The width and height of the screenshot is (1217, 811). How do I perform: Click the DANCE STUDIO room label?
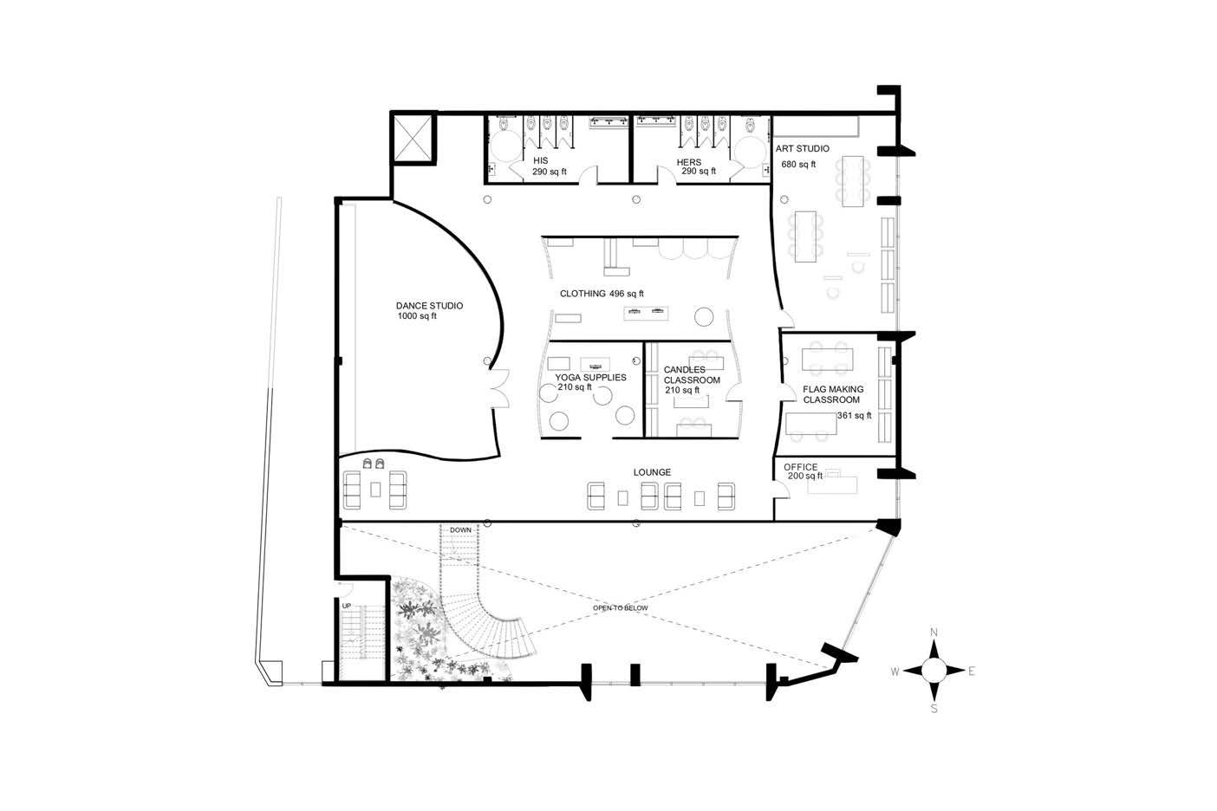pyautogui.click(x=429, y=306)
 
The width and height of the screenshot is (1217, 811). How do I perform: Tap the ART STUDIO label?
pyautogui.click(x=802, y=148)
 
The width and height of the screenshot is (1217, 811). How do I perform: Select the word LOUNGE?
pyautogui.click(x=652, y=472)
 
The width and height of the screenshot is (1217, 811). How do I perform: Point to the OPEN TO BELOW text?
pyautogui.click(x=620, y=608)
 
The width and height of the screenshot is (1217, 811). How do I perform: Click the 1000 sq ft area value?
pyautogui.click(x=417, y=316)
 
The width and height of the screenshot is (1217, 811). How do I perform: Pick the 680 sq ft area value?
pyautogui.click(x=798, y=164)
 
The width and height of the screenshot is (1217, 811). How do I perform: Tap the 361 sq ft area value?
pyautogui.click(x=854, y=416)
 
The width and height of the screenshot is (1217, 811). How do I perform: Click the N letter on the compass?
pyautogui.click(x=934, y=633)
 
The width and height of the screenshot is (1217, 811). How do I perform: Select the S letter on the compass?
pyautogui.click(x=934, y=709)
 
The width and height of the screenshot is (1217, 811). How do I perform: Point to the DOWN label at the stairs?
pyautogui.click(x=460, y=530)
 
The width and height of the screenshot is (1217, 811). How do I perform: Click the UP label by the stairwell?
pyautogui.click(x=347, y=607)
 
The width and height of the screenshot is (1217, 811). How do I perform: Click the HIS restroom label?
pyautogui.click(x=540, y=161)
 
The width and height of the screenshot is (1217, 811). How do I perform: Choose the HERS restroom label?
pyautogui.click(x=688, y=162)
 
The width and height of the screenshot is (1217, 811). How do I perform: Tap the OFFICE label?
pyautogui.click(x=800, y=467)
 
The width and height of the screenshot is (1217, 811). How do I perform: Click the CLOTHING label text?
pyautogui.click(x=582, y=294)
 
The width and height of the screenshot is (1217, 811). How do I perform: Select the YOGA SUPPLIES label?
pyautogui.click(x=590, y=378)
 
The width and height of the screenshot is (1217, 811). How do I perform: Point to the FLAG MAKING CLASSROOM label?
pyautogui.click(x=832, y=394)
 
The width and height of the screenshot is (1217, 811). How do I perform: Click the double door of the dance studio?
pyautogui.click(x=500, y=388)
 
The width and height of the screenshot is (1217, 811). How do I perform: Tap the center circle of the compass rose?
pyautogui.click(x=934, y=671)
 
